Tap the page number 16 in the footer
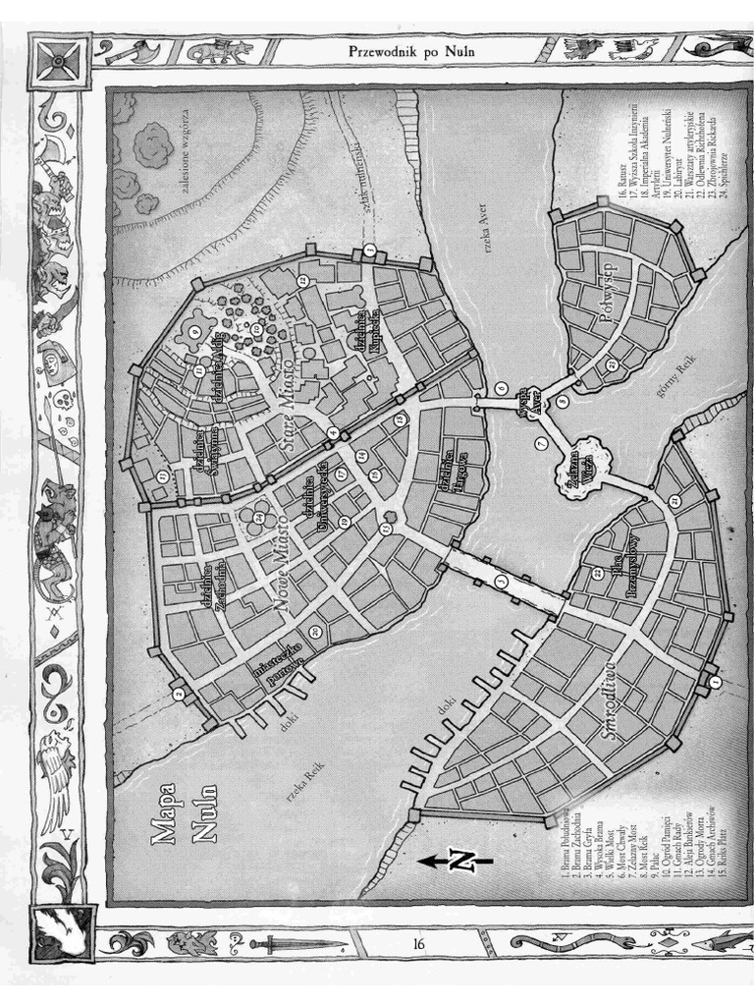click(x=418, y=944)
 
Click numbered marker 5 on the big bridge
click(x=502, y=583)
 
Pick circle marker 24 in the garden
click(x=258, y=518)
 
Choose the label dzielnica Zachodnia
click(x=219, y=587)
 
